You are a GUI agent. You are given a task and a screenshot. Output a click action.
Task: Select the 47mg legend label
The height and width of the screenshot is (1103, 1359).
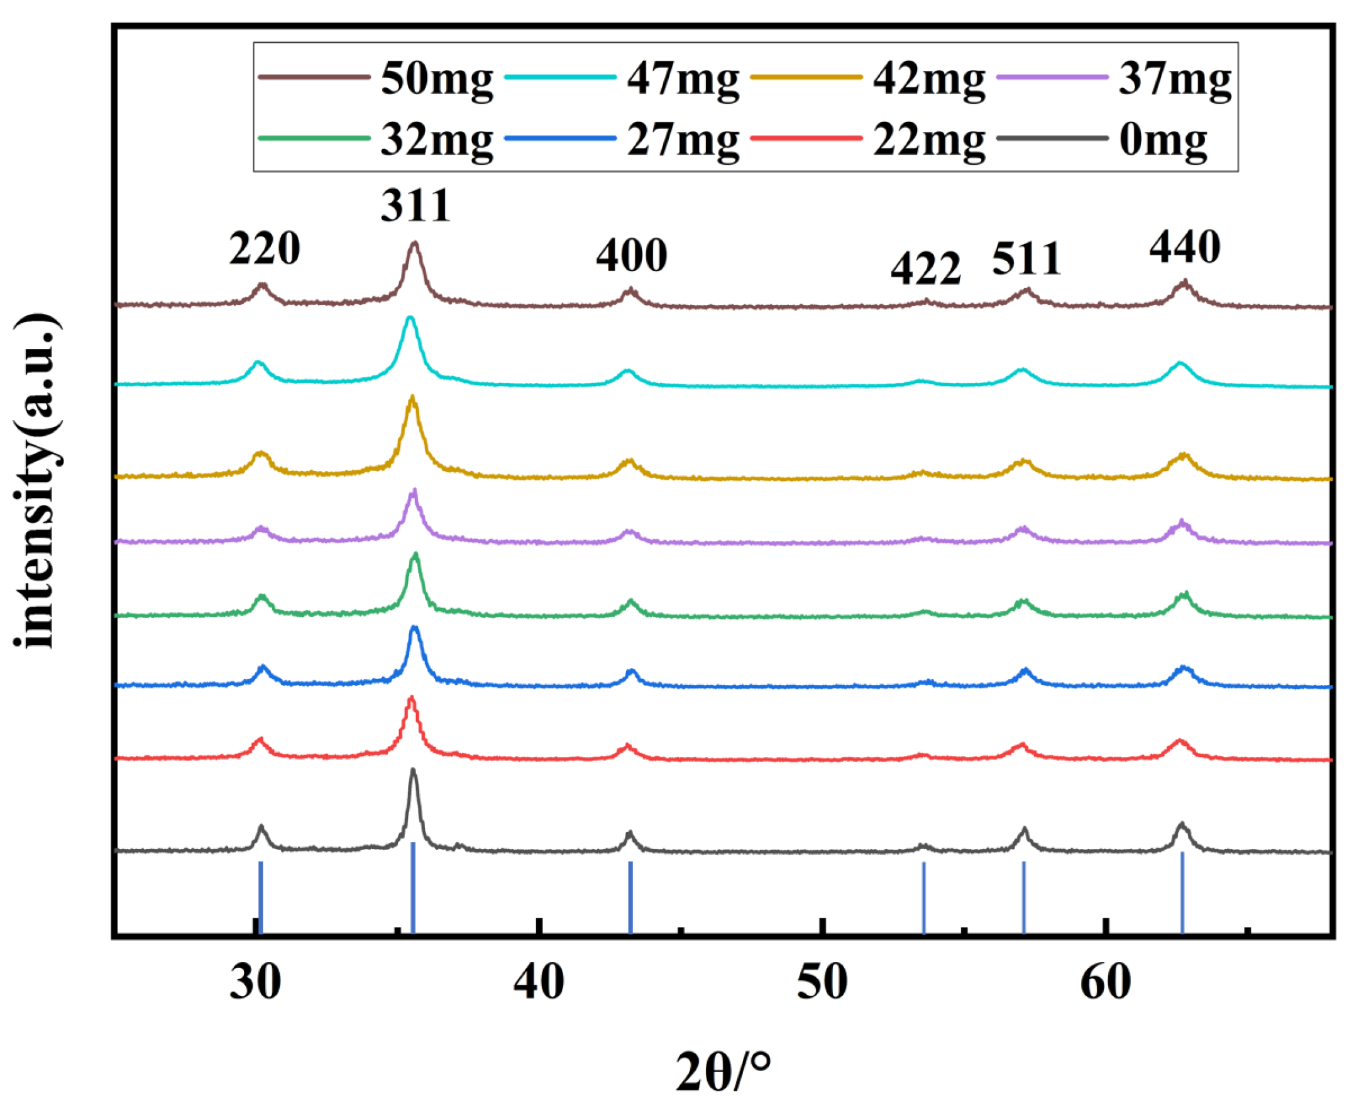click(x=683, y=79)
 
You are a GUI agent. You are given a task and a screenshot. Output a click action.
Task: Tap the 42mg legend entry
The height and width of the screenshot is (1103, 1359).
click(x=928, y=79)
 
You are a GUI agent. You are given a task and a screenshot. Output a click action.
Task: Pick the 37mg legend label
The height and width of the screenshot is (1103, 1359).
click(x=1174, y=79)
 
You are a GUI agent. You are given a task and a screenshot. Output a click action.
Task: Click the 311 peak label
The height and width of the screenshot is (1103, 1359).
click(x=416, y=205)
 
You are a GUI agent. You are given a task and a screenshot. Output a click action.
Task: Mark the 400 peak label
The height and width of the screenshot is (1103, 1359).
click(x=631, y=256)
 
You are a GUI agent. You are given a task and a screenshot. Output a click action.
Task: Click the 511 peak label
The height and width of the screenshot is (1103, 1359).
click(x=1027, y=259)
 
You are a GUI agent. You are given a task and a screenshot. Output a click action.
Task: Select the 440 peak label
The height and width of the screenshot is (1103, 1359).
click(x=1184, y=247)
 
